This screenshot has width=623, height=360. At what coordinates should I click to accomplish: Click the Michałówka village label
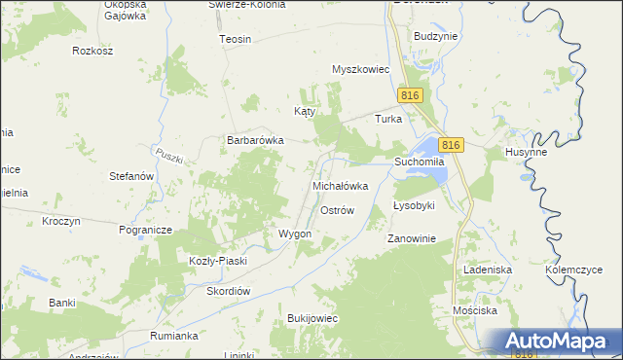340,185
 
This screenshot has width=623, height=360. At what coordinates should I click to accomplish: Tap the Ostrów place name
337,210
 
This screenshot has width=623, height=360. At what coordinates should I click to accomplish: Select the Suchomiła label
419,161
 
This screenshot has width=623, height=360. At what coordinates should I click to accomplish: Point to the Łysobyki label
413,206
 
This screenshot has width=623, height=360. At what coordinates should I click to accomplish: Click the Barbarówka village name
255,140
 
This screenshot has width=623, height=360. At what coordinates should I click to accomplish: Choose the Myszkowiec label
360,70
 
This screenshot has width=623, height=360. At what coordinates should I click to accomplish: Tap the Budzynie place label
435,35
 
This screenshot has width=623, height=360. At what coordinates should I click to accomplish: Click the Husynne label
526,153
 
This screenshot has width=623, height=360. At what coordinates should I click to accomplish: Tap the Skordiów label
229,291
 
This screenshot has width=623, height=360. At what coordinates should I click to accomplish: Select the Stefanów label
132,177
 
